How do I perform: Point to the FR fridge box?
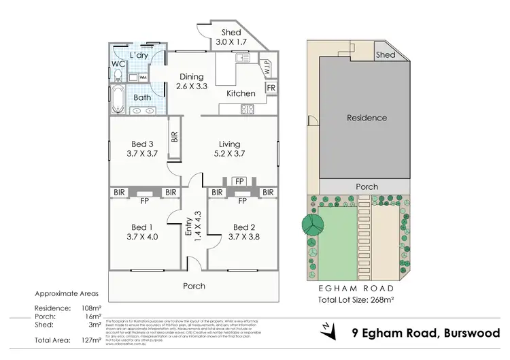coord(271,88)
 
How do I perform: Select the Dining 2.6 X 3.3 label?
coord(192,82)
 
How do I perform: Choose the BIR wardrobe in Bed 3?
coord(175,138)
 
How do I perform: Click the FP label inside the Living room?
coord(239,181)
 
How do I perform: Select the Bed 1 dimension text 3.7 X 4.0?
coord(141,237)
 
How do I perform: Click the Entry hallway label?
coord(189,227)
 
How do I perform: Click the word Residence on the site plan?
coord(367,118)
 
